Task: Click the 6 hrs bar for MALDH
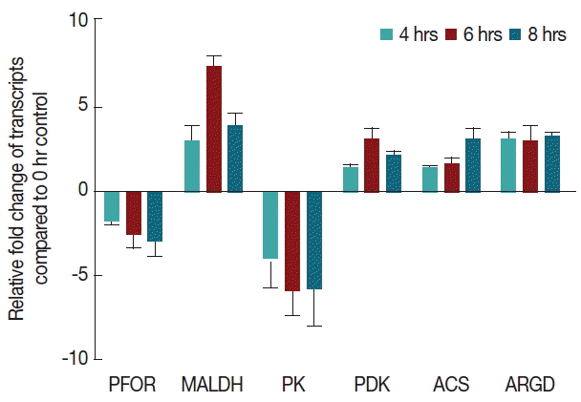(x=213, y=129)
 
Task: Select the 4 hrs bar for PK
(x=269, y=224)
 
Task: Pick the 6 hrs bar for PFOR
(x=133, y=212)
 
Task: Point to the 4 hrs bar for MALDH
(x=191, y=166)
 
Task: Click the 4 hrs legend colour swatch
(x=387, y=35)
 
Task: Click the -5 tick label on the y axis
(x=77, y=275)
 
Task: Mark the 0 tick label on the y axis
(x=82, y=190)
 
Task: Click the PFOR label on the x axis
(x=127, y=385)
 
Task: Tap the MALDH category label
(x=212, y=385)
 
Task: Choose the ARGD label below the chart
(x=528, y=385)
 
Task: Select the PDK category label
(x=371, y=385)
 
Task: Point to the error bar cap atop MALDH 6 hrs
(x=213, y=55)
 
